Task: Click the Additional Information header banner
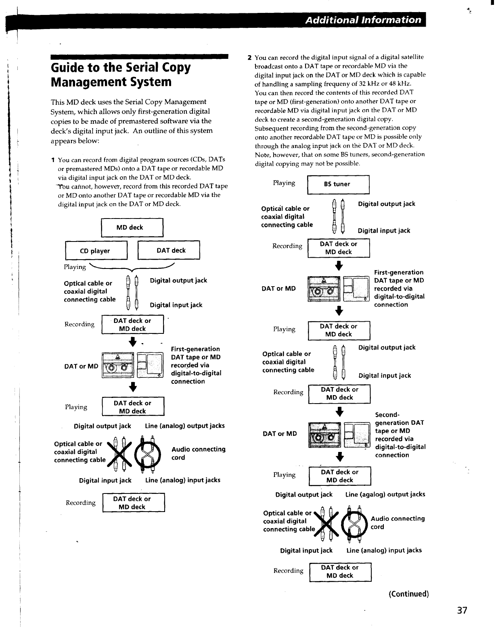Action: (363, 19)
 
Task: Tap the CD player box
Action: (96, 251)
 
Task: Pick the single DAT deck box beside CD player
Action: (169, 250)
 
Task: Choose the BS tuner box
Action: (338, 184)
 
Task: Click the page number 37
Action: (462, 610)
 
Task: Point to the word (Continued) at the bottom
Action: (408, 594)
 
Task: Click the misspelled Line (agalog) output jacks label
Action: (385, 494)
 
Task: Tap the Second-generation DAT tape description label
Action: (400, 435)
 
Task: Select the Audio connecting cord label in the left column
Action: (198, 453)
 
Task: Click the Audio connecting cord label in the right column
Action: (398, 523)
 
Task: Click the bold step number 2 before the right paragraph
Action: (250, 57)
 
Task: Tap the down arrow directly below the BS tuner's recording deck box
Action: (339, 265)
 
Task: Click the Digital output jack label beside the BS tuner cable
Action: (386, 204)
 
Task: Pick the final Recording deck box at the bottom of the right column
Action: (340, 572)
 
